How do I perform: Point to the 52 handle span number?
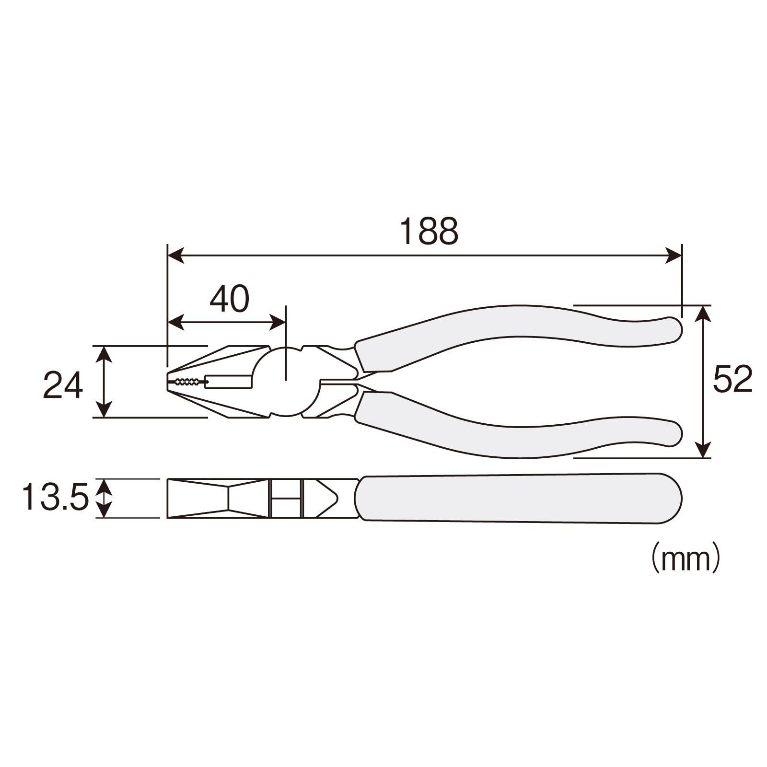[732, 379]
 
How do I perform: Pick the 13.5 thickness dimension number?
[55, 497]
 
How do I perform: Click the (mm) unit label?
[685, 559]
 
